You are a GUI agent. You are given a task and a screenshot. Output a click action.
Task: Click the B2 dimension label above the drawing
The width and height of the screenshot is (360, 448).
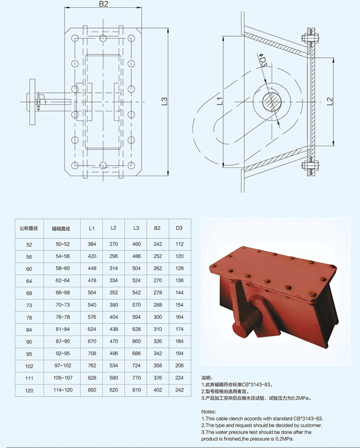pyautogui.click(x=104, y=4)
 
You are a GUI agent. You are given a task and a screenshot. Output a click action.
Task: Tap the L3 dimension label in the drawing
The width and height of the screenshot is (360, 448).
pyautogui.click(x=164, y=101)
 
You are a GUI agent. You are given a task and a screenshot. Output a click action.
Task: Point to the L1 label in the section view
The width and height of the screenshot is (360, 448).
pyautogui.click(x=220, y=101)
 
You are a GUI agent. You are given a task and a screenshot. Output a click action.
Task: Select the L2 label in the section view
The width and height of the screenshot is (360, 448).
pyautogui.click(x=330, y=101)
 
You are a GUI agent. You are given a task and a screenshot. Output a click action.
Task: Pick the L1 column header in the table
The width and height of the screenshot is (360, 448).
pyautogui.click(x=92, y=228)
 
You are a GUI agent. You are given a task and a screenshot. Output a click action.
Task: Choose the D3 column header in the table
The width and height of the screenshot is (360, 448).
pyautogui.click(x=179, y=228)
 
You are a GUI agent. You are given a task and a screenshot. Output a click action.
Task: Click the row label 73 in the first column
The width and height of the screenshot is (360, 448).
pyautogui.click(x=29, y=306)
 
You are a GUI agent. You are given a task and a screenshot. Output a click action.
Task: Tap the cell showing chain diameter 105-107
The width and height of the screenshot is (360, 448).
pyautogui.click(x=63, y=377)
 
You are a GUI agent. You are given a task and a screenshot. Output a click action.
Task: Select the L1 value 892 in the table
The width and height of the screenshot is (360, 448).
pyautogui.click(x=92, y=390)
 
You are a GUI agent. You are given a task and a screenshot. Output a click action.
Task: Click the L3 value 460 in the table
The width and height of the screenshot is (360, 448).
pyautogui.click(x=136, y=244)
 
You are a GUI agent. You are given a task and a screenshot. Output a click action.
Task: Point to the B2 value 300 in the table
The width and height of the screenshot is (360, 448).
pyautogui.click(x=157, y=317)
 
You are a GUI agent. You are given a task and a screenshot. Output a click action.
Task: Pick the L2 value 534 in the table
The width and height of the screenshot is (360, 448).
pyautogui.click(x=113, y=365)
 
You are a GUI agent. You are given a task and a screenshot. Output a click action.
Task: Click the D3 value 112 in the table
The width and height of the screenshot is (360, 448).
pyautogui.click(x=180, y=244)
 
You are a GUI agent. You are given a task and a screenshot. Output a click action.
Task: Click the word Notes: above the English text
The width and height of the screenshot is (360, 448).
pyautogui.click(x=208, y=412)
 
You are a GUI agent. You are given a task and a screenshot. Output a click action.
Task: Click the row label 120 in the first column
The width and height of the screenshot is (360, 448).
pyautogui.click(x=29, y=390)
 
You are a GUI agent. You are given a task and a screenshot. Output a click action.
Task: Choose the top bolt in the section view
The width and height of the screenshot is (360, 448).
pyautogui.click(x=310, y=38)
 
